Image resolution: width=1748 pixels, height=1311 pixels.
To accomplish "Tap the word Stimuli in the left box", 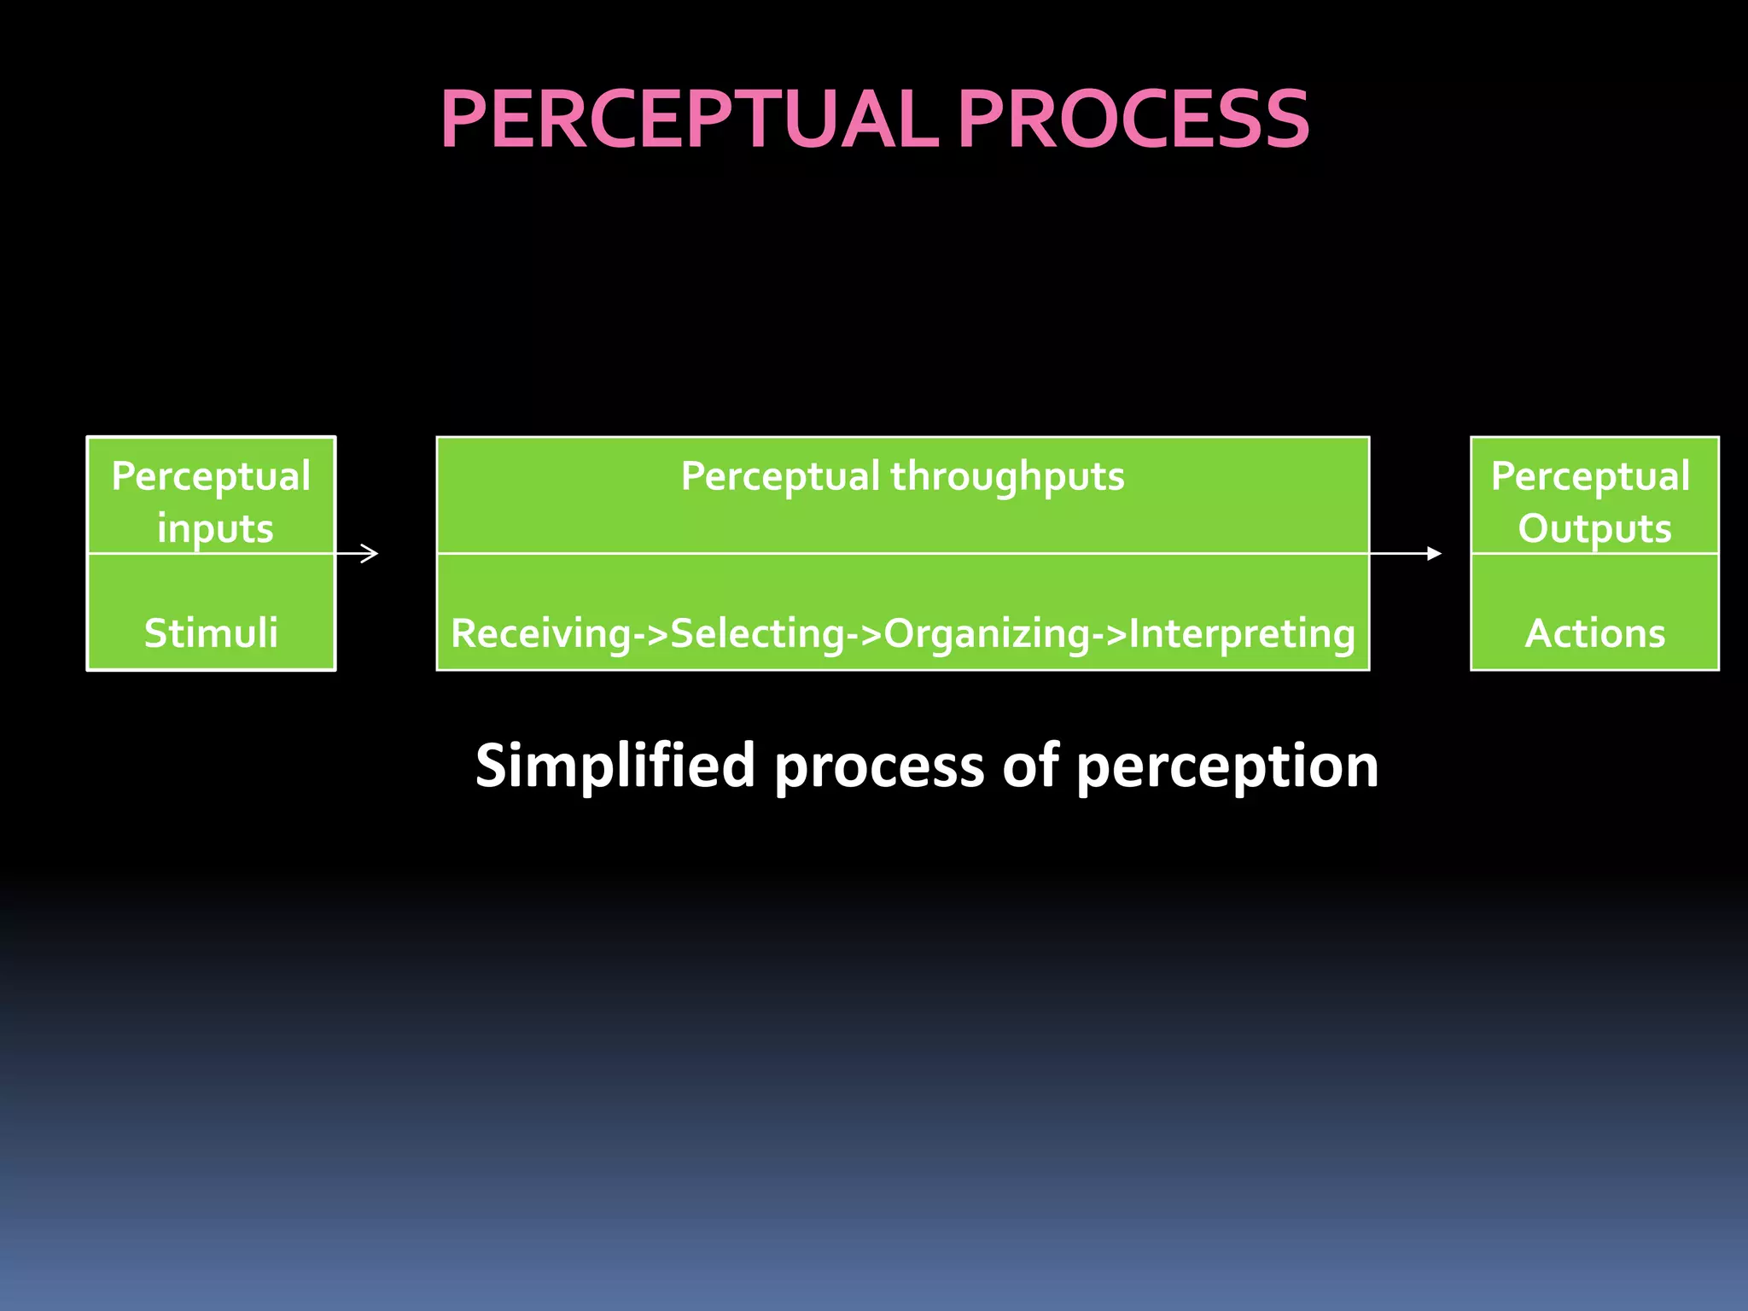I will pos(211,633).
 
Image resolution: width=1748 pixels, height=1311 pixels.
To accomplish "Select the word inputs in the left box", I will pos(215,529).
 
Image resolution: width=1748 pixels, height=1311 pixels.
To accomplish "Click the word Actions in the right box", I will pos(1594,633).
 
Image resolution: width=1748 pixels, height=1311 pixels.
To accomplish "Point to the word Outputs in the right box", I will pos(1594,528).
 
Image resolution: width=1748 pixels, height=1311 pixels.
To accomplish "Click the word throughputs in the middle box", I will pos(1007,477).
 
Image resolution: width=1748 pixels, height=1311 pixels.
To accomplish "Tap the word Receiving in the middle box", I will pos(540,633).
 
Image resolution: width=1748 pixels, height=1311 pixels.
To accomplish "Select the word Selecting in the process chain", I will pos(757,633).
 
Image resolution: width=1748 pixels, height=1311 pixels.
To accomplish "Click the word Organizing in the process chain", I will pos(987,633).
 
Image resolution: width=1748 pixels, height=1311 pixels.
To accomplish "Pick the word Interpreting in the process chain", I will pos(1242,633).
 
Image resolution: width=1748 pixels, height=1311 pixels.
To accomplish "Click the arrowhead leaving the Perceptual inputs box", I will pos(370,553).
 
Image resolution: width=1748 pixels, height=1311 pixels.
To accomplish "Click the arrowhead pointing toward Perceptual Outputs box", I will pos(1435,553).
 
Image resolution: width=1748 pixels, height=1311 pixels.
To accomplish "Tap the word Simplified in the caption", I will pos(615,766).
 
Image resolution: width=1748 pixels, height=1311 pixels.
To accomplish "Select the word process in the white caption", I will pos(879,766).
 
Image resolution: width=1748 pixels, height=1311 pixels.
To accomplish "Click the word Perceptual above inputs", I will pos(211,476).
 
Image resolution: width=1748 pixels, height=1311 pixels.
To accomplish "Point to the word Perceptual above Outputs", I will pos(1590,476).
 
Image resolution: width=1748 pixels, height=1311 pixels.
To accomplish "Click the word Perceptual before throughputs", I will pos(779,476).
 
